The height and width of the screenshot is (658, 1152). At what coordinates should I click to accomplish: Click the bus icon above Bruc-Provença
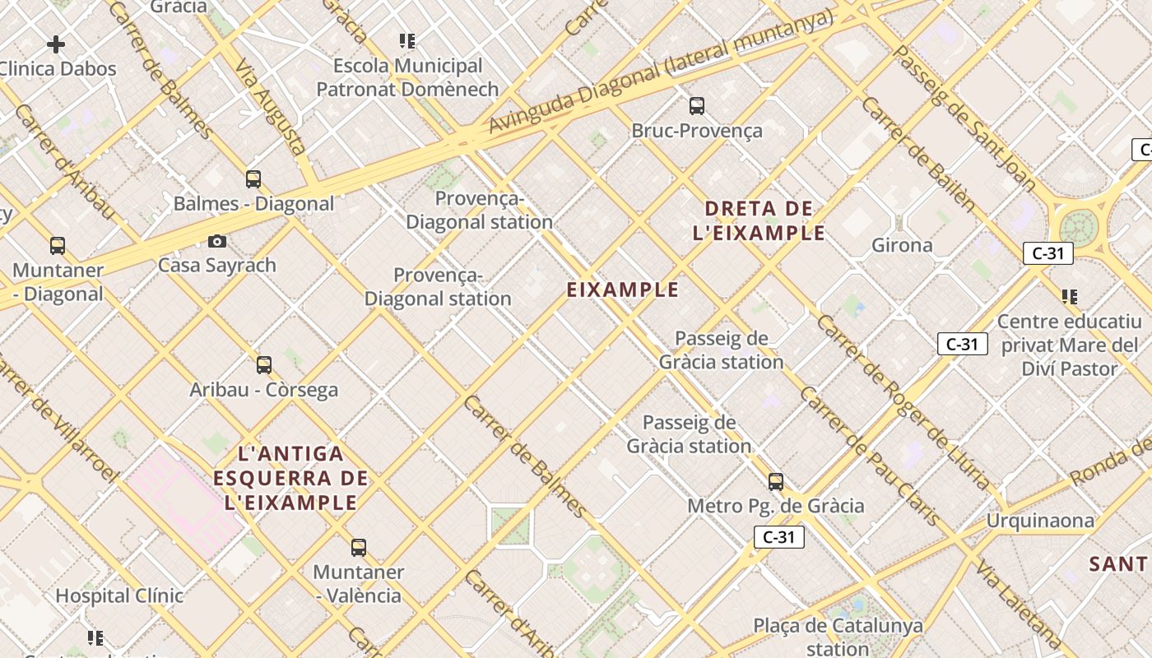click(697, 105)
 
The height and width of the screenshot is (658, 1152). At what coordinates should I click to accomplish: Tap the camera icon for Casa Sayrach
click(217, 241)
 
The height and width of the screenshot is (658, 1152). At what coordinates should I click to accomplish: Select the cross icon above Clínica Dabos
click(56, 44)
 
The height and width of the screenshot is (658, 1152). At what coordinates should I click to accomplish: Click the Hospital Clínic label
click(119, 595)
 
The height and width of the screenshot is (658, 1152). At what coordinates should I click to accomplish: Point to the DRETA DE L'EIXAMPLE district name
click(759, 220)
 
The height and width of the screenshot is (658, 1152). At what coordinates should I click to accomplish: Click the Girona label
click(902, 245)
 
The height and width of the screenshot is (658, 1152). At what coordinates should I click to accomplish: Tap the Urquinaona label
click(1040, 521)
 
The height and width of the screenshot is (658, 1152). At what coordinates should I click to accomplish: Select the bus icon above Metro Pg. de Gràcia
click(776, 481)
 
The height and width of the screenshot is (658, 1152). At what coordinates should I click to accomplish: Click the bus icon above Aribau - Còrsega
click(264, 364)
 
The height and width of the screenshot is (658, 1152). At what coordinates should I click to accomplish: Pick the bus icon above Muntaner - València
click(359, 547)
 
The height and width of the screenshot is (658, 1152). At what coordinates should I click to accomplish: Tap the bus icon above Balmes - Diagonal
click(253, 178)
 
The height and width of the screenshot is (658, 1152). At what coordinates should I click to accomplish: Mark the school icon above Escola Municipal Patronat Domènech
click(407, 40)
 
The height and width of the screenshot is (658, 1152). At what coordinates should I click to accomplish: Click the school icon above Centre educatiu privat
click(1070, 296)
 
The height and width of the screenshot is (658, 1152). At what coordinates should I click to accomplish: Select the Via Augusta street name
click(271, 107)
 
